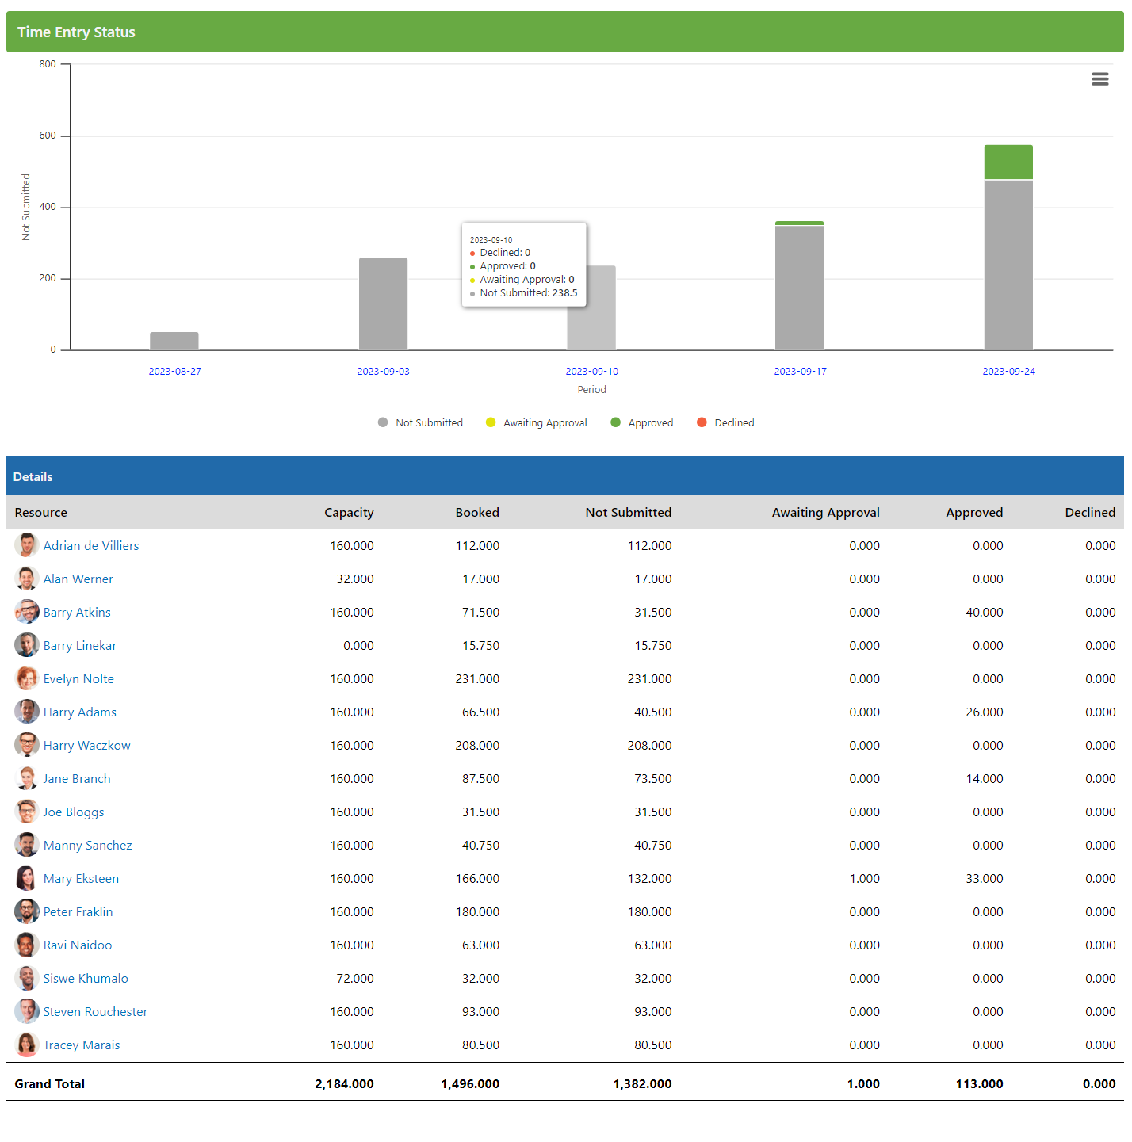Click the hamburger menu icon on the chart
point(1099,79)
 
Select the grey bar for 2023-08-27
point(174,341)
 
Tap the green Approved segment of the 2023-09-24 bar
point(1008,162)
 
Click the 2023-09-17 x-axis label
point(800,372)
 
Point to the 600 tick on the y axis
point(48,136)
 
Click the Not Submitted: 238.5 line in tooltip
point(528,293)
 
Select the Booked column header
point(477,513)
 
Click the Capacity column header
point(349,513)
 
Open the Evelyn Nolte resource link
point(78,679)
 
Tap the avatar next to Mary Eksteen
point(26,878)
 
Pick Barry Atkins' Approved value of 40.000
point(984,613)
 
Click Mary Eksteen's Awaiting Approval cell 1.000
point(864,879)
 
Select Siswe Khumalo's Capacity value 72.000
point(354,979)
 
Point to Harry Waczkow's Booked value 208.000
point(477,746)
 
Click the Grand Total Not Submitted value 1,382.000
point(642,1084)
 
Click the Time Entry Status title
point(76,32)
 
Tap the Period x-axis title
point(591,390)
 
